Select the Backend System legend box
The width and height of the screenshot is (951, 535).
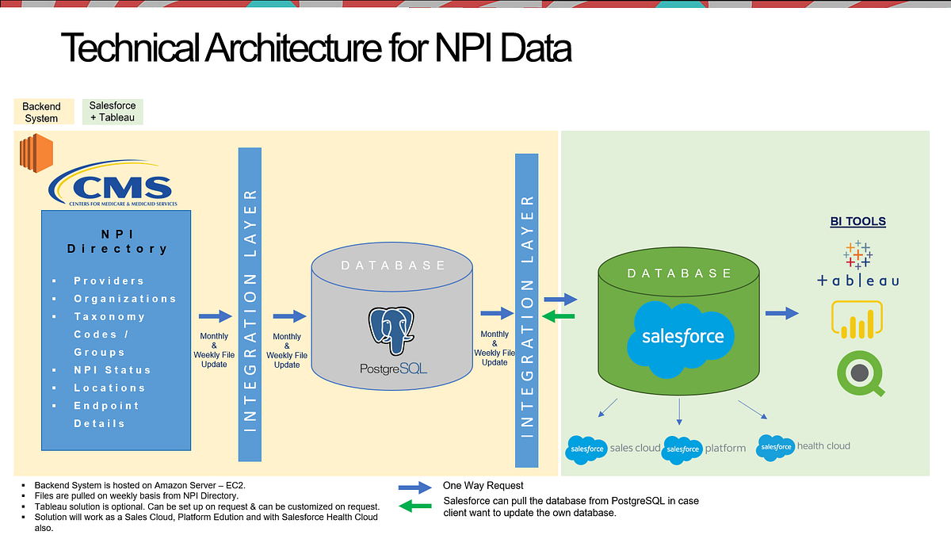[x=41, y=112]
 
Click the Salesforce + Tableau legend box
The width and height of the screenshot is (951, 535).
[x=113, y=112]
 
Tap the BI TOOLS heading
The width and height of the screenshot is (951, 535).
[x=857, y=222]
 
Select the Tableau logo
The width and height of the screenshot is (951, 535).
[x=857, y=265]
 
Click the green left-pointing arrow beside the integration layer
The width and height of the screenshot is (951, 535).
[x=559, y=317]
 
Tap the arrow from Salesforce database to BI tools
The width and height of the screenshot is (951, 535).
[x=781, y=313]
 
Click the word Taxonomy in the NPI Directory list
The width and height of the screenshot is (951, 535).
[x=109, y=316]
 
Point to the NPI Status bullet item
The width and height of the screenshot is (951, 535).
[x=112, y=370]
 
